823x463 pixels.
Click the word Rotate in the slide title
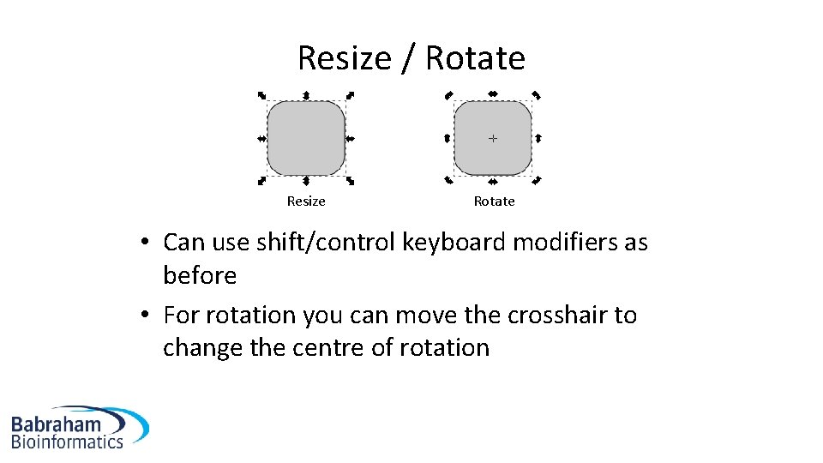475,58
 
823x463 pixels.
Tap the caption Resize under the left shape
306,201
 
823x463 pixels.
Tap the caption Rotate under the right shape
494,201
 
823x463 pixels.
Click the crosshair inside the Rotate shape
492,137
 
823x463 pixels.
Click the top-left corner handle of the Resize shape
262,95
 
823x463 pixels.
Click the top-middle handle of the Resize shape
306,94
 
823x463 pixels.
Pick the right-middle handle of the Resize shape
350,138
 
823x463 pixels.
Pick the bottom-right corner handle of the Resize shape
351,181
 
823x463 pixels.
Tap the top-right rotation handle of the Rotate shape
537,95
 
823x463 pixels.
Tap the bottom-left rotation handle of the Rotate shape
448,180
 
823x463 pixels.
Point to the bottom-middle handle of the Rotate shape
493,181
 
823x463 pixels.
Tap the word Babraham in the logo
56,423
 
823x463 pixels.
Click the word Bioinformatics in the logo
67,442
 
